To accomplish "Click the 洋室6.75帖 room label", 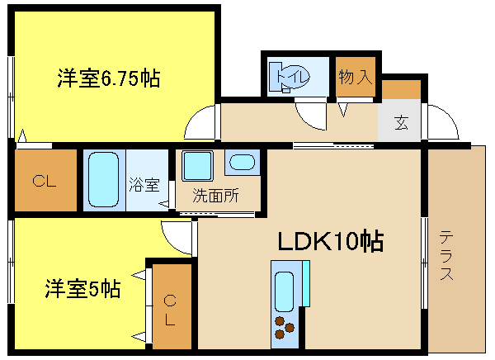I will point(108,78).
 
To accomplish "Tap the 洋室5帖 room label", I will point(82,289).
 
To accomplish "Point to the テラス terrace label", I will point(446,255).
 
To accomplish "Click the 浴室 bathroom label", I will point(144,185).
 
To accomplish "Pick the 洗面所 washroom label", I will point(215,197).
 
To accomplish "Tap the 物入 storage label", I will point(356,78).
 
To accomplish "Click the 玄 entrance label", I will point(401,123).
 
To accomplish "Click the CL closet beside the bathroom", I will point(45,181).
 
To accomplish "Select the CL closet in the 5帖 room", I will point(170,306).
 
